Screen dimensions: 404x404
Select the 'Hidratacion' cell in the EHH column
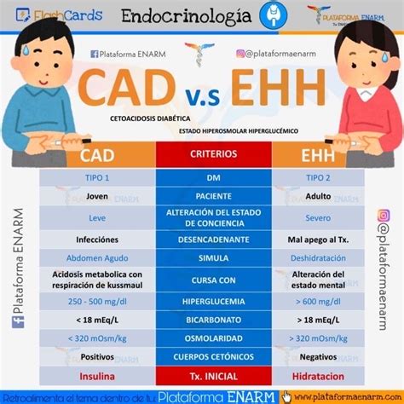pyautogui.click(x=316, y=376)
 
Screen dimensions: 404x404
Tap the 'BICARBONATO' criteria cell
pyautogui.click(x=213, y=320)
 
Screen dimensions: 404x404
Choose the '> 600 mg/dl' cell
pyautogui.click(x=316, y=301)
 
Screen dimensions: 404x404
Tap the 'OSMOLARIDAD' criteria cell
pyautogui.click(x=213, y=338)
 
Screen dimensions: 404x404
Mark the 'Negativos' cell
pyautogui.click(x=316, y=357)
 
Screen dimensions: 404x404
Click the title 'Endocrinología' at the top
pyautogui.click(x=186, y=15)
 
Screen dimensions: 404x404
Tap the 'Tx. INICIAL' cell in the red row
pyautogui.click(x=213, y=376)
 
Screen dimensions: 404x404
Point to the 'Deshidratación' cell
pyautogui.click(x=316, y=257)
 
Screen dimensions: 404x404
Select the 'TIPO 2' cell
pyautogui.click(x=316, y=177)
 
